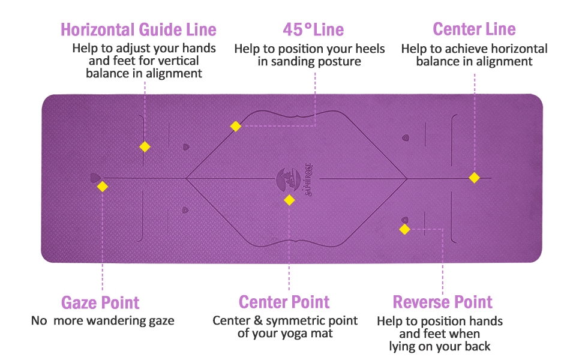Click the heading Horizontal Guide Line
pyautogui.click(x=138, y=29)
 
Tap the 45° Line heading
pyautogui.click(x=313, y=29)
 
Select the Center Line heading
pyautogui.click(x=474, y=29)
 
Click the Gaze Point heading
pyautogui.click(x=100, y=302)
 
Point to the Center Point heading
pyautogui.click(x=284, y=302)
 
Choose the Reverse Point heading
pyautogui.click(x=443, y=302)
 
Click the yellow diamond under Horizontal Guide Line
pyautogui.click(x=145, y=146)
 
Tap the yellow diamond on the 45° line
pyautogui.click(x=236, y=126)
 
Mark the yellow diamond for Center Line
pyautogui.click(x=474, y=178)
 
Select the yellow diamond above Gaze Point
pyautogui.click(x=103, y=187)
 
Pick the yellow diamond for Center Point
pyautogui.click(x=289, y=200)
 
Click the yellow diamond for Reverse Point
pyautogui.click(x=404, y=229)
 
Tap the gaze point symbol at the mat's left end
pyautogui.click(x=94, y=178)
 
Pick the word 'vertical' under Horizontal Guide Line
pyautogui.click(x=176, y=61)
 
